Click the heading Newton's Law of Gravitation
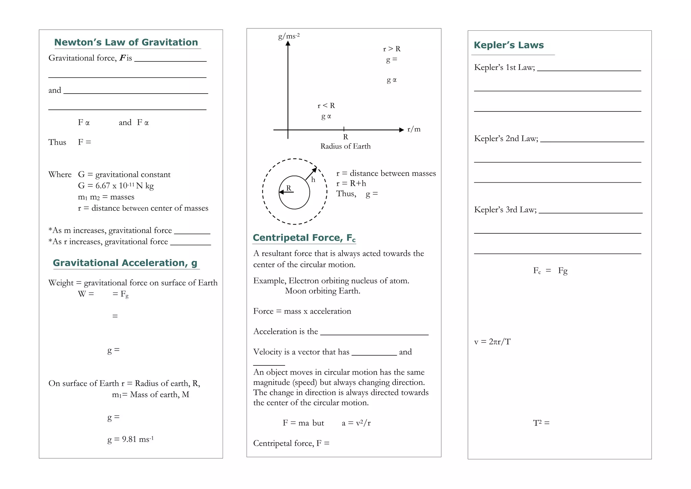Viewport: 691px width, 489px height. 126,42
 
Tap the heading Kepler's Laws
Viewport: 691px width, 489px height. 508,45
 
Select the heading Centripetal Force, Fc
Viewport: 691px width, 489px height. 304,238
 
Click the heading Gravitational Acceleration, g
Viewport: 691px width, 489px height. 125,263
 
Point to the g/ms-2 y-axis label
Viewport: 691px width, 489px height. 288,36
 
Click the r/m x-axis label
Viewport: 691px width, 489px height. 414,129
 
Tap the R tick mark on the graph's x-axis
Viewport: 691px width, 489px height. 344,129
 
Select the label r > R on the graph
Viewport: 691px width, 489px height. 392,49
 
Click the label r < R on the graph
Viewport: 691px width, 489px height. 326,106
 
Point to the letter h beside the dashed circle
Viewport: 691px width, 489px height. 313,180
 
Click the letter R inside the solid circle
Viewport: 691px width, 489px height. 288,188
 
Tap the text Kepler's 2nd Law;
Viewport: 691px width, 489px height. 506,138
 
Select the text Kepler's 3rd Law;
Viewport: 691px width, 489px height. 505,210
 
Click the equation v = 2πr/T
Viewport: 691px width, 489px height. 492,342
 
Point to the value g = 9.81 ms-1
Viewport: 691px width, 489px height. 130,439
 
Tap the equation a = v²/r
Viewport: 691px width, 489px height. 356,423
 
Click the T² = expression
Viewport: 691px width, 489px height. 541,423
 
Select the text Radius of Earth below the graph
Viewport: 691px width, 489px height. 345,146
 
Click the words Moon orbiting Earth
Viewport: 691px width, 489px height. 322,291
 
